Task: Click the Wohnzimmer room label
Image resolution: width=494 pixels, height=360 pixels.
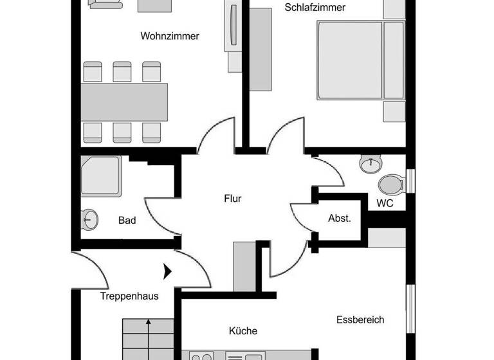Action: [x=170, y=36]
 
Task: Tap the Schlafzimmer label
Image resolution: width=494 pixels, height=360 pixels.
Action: [x=315, y=8]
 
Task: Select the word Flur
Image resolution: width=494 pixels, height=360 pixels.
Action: [x=233, y=199]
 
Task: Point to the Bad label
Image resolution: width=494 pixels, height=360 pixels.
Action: [x=127, y=221]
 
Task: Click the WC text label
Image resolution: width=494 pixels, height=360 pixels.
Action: [x=385, y=204]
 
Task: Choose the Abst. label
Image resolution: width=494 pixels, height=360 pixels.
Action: [x=340, y=218]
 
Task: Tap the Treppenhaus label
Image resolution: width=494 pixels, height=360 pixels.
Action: [x=129, y=296]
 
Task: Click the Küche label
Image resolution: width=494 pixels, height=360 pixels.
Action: [x=243, y=331]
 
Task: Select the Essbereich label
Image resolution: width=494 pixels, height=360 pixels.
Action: [x=360, y=319]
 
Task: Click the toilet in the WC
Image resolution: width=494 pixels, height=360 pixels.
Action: [x=390, y=185]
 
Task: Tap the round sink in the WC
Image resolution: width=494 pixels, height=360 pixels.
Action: [x=370, y=164]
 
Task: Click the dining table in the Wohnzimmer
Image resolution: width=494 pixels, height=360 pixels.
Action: [x=125, y=102]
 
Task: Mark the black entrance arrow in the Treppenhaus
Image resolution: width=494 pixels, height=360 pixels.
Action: [x=168, y=271]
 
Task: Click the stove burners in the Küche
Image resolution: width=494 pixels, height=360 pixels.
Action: [x=202, y=355]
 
